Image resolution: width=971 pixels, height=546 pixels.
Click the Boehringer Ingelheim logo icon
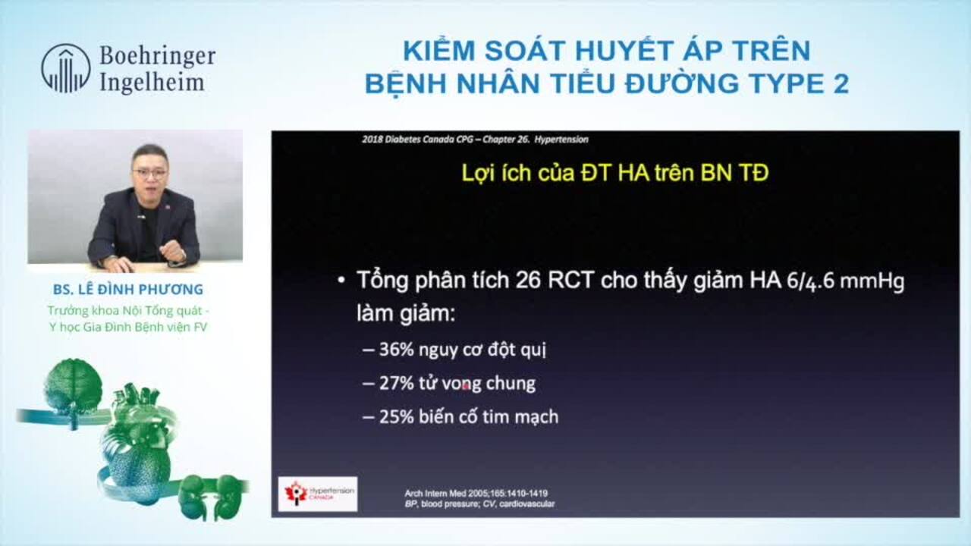point(65,68)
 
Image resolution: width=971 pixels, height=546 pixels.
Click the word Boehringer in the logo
point(157,56)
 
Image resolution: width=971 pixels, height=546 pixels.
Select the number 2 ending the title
point(840,83)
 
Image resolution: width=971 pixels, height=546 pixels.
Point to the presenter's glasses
point(149,173)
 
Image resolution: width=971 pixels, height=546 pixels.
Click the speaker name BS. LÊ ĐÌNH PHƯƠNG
point(128,290)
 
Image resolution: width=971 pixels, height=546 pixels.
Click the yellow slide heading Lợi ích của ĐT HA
point(614,173)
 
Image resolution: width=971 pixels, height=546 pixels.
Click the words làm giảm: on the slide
point(405,313)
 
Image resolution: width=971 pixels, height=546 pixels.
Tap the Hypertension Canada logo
point(317,494)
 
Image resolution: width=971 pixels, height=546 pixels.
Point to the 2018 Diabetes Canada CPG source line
point(475,140)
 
